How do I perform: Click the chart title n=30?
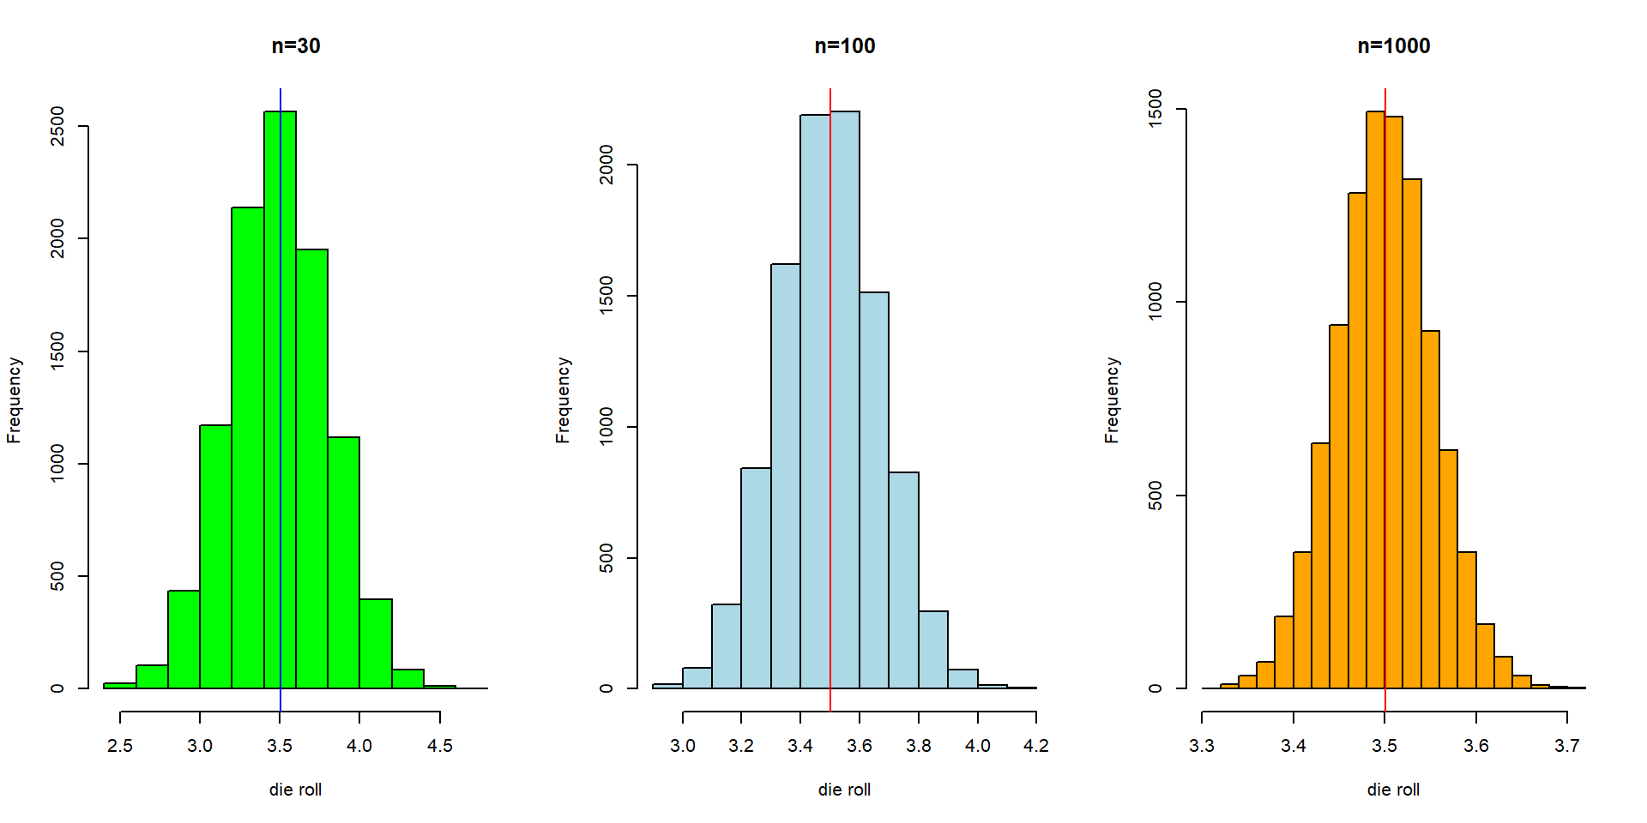(296, 46)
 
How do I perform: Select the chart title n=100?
(845, 46)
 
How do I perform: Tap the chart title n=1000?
(1394, 46)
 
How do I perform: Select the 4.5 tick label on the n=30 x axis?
(439, 746)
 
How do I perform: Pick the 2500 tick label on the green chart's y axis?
(57, 126)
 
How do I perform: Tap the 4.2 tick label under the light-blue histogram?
(1036, 746)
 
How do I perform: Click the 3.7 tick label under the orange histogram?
(1567, 746)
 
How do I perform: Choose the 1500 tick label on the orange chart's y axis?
(1155, 109)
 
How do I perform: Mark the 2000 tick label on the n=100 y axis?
(606, 165)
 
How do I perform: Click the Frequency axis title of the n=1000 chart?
(1112, 400)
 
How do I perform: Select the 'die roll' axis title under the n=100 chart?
(844, 790)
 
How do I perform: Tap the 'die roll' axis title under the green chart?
(295, 790)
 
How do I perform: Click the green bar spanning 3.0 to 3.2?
(215, 557)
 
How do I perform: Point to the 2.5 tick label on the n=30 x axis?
(120, 746)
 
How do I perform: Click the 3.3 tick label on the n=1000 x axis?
(1202, 746)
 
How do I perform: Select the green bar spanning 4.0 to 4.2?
(376, 643)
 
